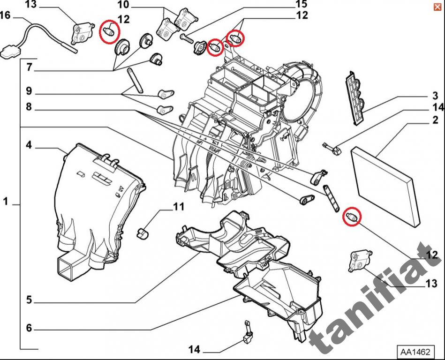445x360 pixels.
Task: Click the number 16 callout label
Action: point(5,15)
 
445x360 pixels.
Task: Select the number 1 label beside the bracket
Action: point(6,202)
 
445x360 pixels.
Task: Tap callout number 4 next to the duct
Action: point(29,145)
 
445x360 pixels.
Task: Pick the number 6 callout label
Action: point(29,328)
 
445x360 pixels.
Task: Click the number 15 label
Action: point(301,5)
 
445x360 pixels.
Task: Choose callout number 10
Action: point(123,5)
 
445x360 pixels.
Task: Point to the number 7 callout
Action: point(29,67)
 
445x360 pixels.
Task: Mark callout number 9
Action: point(29,90)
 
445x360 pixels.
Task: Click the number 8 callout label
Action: point(29,107)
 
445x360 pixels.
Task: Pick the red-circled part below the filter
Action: point(352,216)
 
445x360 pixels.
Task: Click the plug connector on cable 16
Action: point(10,51)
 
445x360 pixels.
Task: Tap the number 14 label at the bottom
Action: point(195,350)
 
